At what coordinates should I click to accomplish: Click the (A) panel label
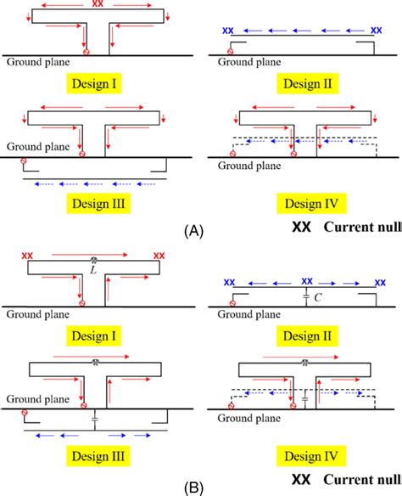click(x=193, y=231)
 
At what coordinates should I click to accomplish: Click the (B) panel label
click(x=193, y=488)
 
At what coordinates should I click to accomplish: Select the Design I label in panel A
click(x=94, y=83)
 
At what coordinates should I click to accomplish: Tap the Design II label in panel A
click(x=308, y=83)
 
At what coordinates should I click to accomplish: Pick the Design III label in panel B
click(x=98, y=456)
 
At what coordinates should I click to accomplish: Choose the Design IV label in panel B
click(x=311, y=456)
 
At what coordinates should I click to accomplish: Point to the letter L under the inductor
click(x=93, y=270)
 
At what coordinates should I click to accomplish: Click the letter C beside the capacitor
click(x=318, y=297)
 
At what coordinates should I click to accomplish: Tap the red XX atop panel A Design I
click(x=98, y=3)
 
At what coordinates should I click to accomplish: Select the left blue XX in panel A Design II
click(x=228, y=31)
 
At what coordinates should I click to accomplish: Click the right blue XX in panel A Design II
click(x=376, y=31)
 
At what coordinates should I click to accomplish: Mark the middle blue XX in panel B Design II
click(x=307, y=281)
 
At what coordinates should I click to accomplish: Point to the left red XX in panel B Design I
click(x=27, y=256)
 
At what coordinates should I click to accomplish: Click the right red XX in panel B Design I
click(x=159, y=256)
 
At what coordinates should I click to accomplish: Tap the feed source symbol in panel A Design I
click(x=87, y=52)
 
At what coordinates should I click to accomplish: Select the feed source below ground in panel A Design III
click(x=24, y=161)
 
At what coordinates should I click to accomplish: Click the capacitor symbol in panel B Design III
click(x=95, y=420)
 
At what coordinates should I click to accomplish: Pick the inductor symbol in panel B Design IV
click(x=304, y=363)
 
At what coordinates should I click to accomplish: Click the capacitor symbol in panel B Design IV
click(x=304, y=399)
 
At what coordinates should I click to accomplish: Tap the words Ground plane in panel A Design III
click(x=38, y=146)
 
